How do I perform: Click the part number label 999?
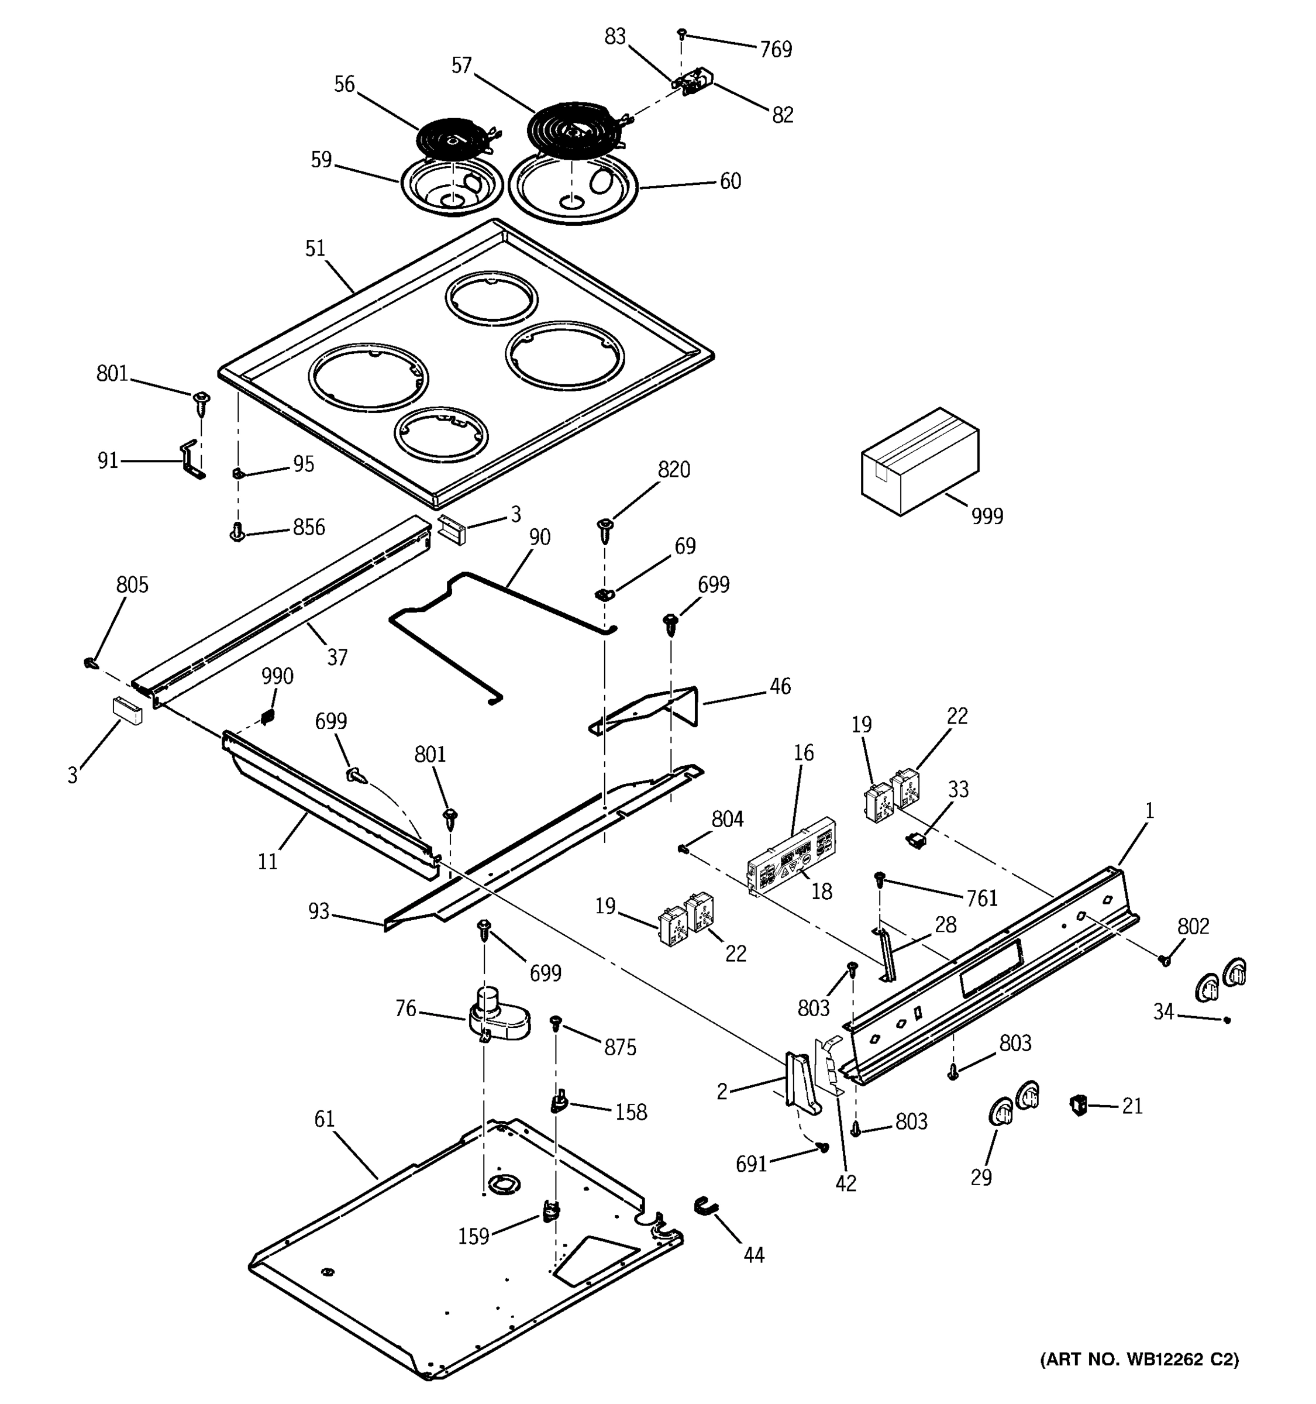[x=986, y=516]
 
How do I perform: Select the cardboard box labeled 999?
[x=919, y=461]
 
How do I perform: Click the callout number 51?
[x=315, y=249]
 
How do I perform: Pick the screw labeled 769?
[x=682, y=33]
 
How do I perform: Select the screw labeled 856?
[x=237, y=531]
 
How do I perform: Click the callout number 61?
[x=324, y=1119]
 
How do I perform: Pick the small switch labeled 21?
[x=1077, y=1104]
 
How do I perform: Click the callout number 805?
[x=132, y=585]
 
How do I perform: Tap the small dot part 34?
[x=1227, y=1020]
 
